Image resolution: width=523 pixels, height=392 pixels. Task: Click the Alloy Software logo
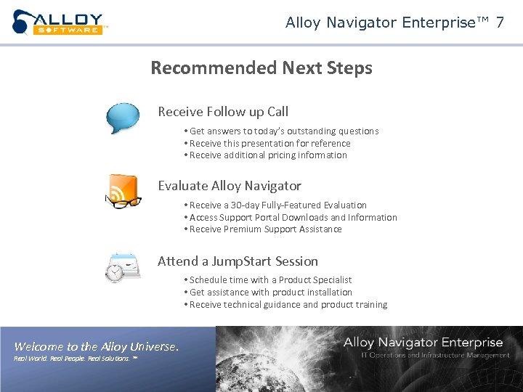point(60,23)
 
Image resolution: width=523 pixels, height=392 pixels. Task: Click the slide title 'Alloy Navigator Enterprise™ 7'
point(394,23)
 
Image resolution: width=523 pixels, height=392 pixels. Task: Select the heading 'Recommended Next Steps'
point(261,68)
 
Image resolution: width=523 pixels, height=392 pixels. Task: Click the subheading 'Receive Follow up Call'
point(223,112)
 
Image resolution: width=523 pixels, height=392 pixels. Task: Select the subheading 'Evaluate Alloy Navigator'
point(230,186)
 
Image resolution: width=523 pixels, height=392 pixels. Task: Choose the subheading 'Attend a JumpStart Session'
point(238,261)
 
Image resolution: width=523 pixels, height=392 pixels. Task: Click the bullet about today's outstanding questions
point(282,131)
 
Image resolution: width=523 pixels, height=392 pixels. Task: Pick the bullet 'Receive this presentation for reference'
point(268,143)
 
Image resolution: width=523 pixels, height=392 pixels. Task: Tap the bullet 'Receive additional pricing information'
point(266,155)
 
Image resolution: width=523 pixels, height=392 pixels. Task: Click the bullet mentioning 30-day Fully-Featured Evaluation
point(276,205)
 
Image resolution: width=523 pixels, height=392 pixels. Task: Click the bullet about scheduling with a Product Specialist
point(269,280)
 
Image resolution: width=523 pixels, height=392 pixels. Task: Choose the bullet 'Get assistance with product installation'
point(269,293)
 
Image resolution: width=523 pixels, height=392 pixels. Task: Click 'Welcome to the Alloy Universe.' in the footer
point(96,347)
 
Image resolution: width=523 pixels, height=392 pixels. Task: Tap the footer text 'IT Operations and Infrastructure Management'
point(435,355)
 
